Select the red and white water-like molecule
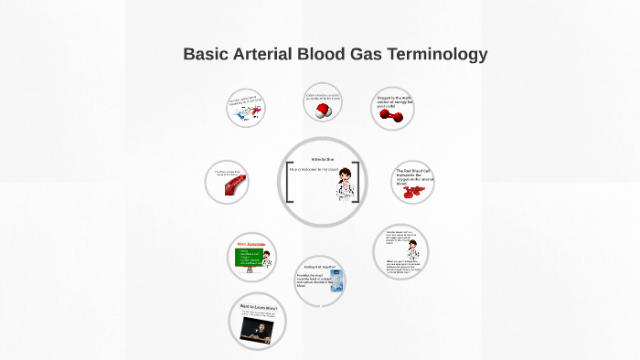pos(322,111)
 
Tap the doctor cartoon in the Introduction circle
pos(346,183)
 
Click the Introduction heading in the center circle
pos(322,159)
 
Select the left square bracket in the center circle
pos(288,183)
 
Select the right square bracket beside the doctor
pos(357,183)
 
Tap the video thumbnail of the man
pos(257,328)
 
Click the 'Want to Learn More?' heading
pos(258,307)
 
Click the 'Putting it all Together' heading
pos(319,266)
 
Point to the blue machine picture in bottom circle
pos(336,281)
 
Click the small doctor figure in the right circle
pos(413,249)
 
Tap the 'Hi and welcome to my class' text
pos(314,169)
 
